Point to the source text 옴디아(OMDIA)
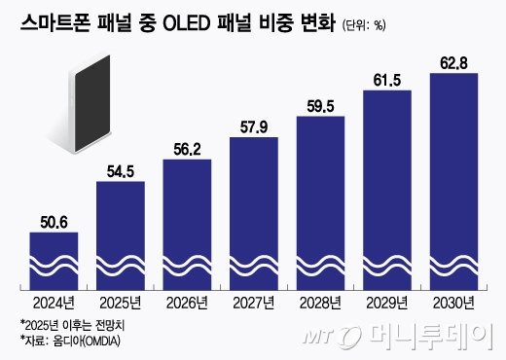tap(93, 340)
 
